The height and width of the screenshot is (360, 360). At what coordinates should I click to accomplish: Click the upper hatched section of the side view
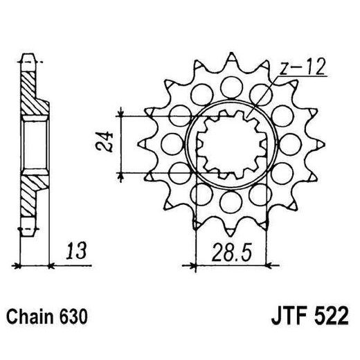tap(30, 93)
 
